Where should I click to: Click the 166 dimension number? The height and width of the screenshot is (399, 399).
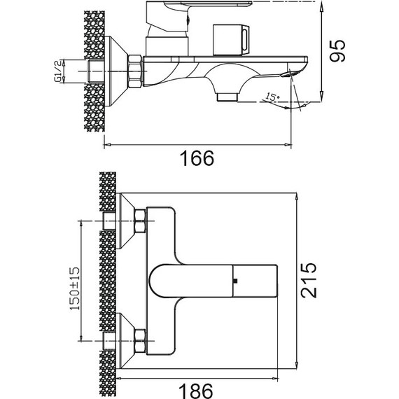point(197,158)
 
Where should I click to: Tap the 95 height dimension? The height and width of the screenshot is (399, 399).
point(337,50)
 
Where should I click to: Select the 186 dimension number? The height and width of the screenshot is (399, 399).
point(195,391)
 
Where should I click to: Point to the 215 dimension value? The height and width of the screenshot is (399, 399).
point(309,280)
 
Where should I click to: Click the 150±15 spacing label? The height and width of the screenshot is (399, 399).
point(75,288)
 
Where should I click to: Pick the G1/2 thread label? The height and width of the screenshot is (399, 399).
point(58,71)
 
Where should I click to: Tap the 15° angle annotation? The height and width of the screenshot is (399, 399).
point(272,97)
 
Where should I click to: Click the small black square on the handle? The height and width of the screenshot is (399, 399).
point(235,281)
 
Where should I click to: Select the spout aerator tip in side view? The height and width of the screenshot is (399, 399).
point(288,74)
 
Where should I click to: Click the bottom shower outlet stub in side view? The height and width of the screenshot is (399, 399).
point(227,97)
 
